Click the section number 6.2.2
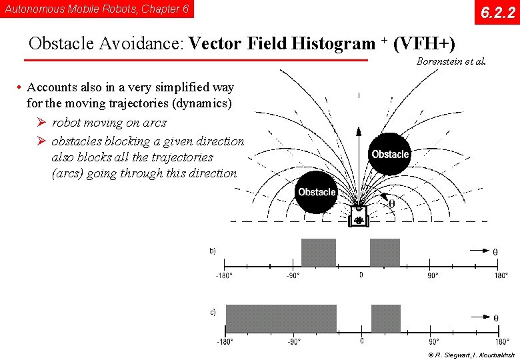[x=497, y=12]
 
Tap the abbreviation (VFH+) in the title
[x=425, y=44]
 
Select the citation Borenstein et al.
[x=451, y=61]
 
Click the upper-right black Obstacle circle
[x=390, y=154]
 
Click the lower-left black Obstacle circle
[x=317, y=192]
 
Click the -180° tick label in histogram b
[x=224, y=275]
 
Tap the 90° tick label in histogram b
[x=432, y=275]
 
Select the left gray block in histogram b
[x=319, y=253]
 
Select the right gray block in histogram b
[x=385, y=253]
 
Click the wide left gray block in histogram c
[x=281, y=319]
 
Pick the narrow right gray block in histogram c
[x=386, y=319]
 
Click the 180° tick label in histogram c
[x=501, y=341]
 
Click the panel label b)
[x=213, y=251]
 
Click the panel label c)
[x=213, y=312]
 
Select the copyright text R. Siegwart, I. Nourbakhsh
[x=472, y=355]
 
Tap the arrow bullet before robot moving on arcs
[x=41, y=123]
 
